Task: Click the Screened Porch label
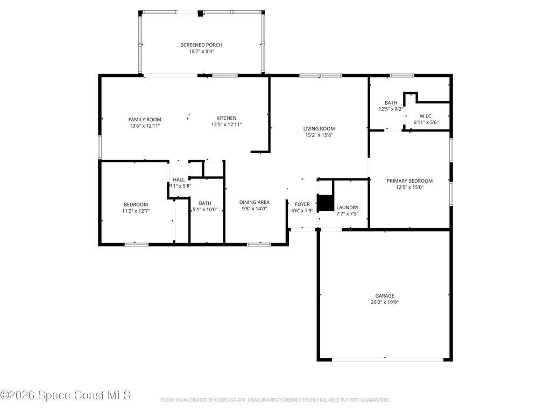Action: (x=201, y=45)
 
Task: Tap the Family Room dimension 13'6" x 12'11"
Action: (x=145, y=126)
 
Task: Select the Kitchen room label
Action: (x=226, y=118)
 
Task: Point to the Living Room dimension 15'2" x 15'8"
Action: (x=319, y=135)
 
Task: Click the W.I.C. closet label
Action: (x=426, y=116)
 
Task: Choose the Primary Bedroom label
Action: (x=409, y=181)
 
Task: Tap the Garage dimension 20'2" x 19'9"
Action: (x=384, y=302)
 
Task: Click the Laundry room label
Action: (x=347, y=208)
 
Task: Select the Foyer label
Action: (x=302, y=204)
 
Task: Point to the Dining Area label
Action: (x=254, y=202)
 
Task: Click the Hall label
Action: (x=179, y=180)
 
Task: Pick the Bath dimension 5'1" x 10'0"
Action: (x=205, y=210)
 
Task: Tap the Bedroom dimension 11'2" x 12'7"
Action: (x=136, y=211)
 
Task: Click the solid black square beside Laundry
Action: (x=326, y=203)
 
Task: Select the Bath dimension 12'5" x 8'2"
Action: (x=391, y=109)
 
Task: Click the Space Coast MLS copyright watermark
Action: (x=66, y=395)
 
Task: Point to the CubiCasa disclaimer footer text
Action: (x=275, y=400)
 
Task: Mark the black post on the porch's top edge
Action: (x=200, y=13)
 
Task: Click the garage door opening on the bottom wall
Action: (x=385, y=358)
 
